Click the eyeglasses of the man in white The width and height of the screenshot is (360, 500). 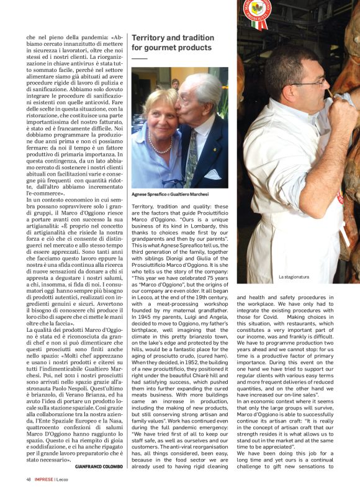308,82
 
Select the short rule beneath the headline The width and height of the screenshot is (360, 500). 140,58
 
